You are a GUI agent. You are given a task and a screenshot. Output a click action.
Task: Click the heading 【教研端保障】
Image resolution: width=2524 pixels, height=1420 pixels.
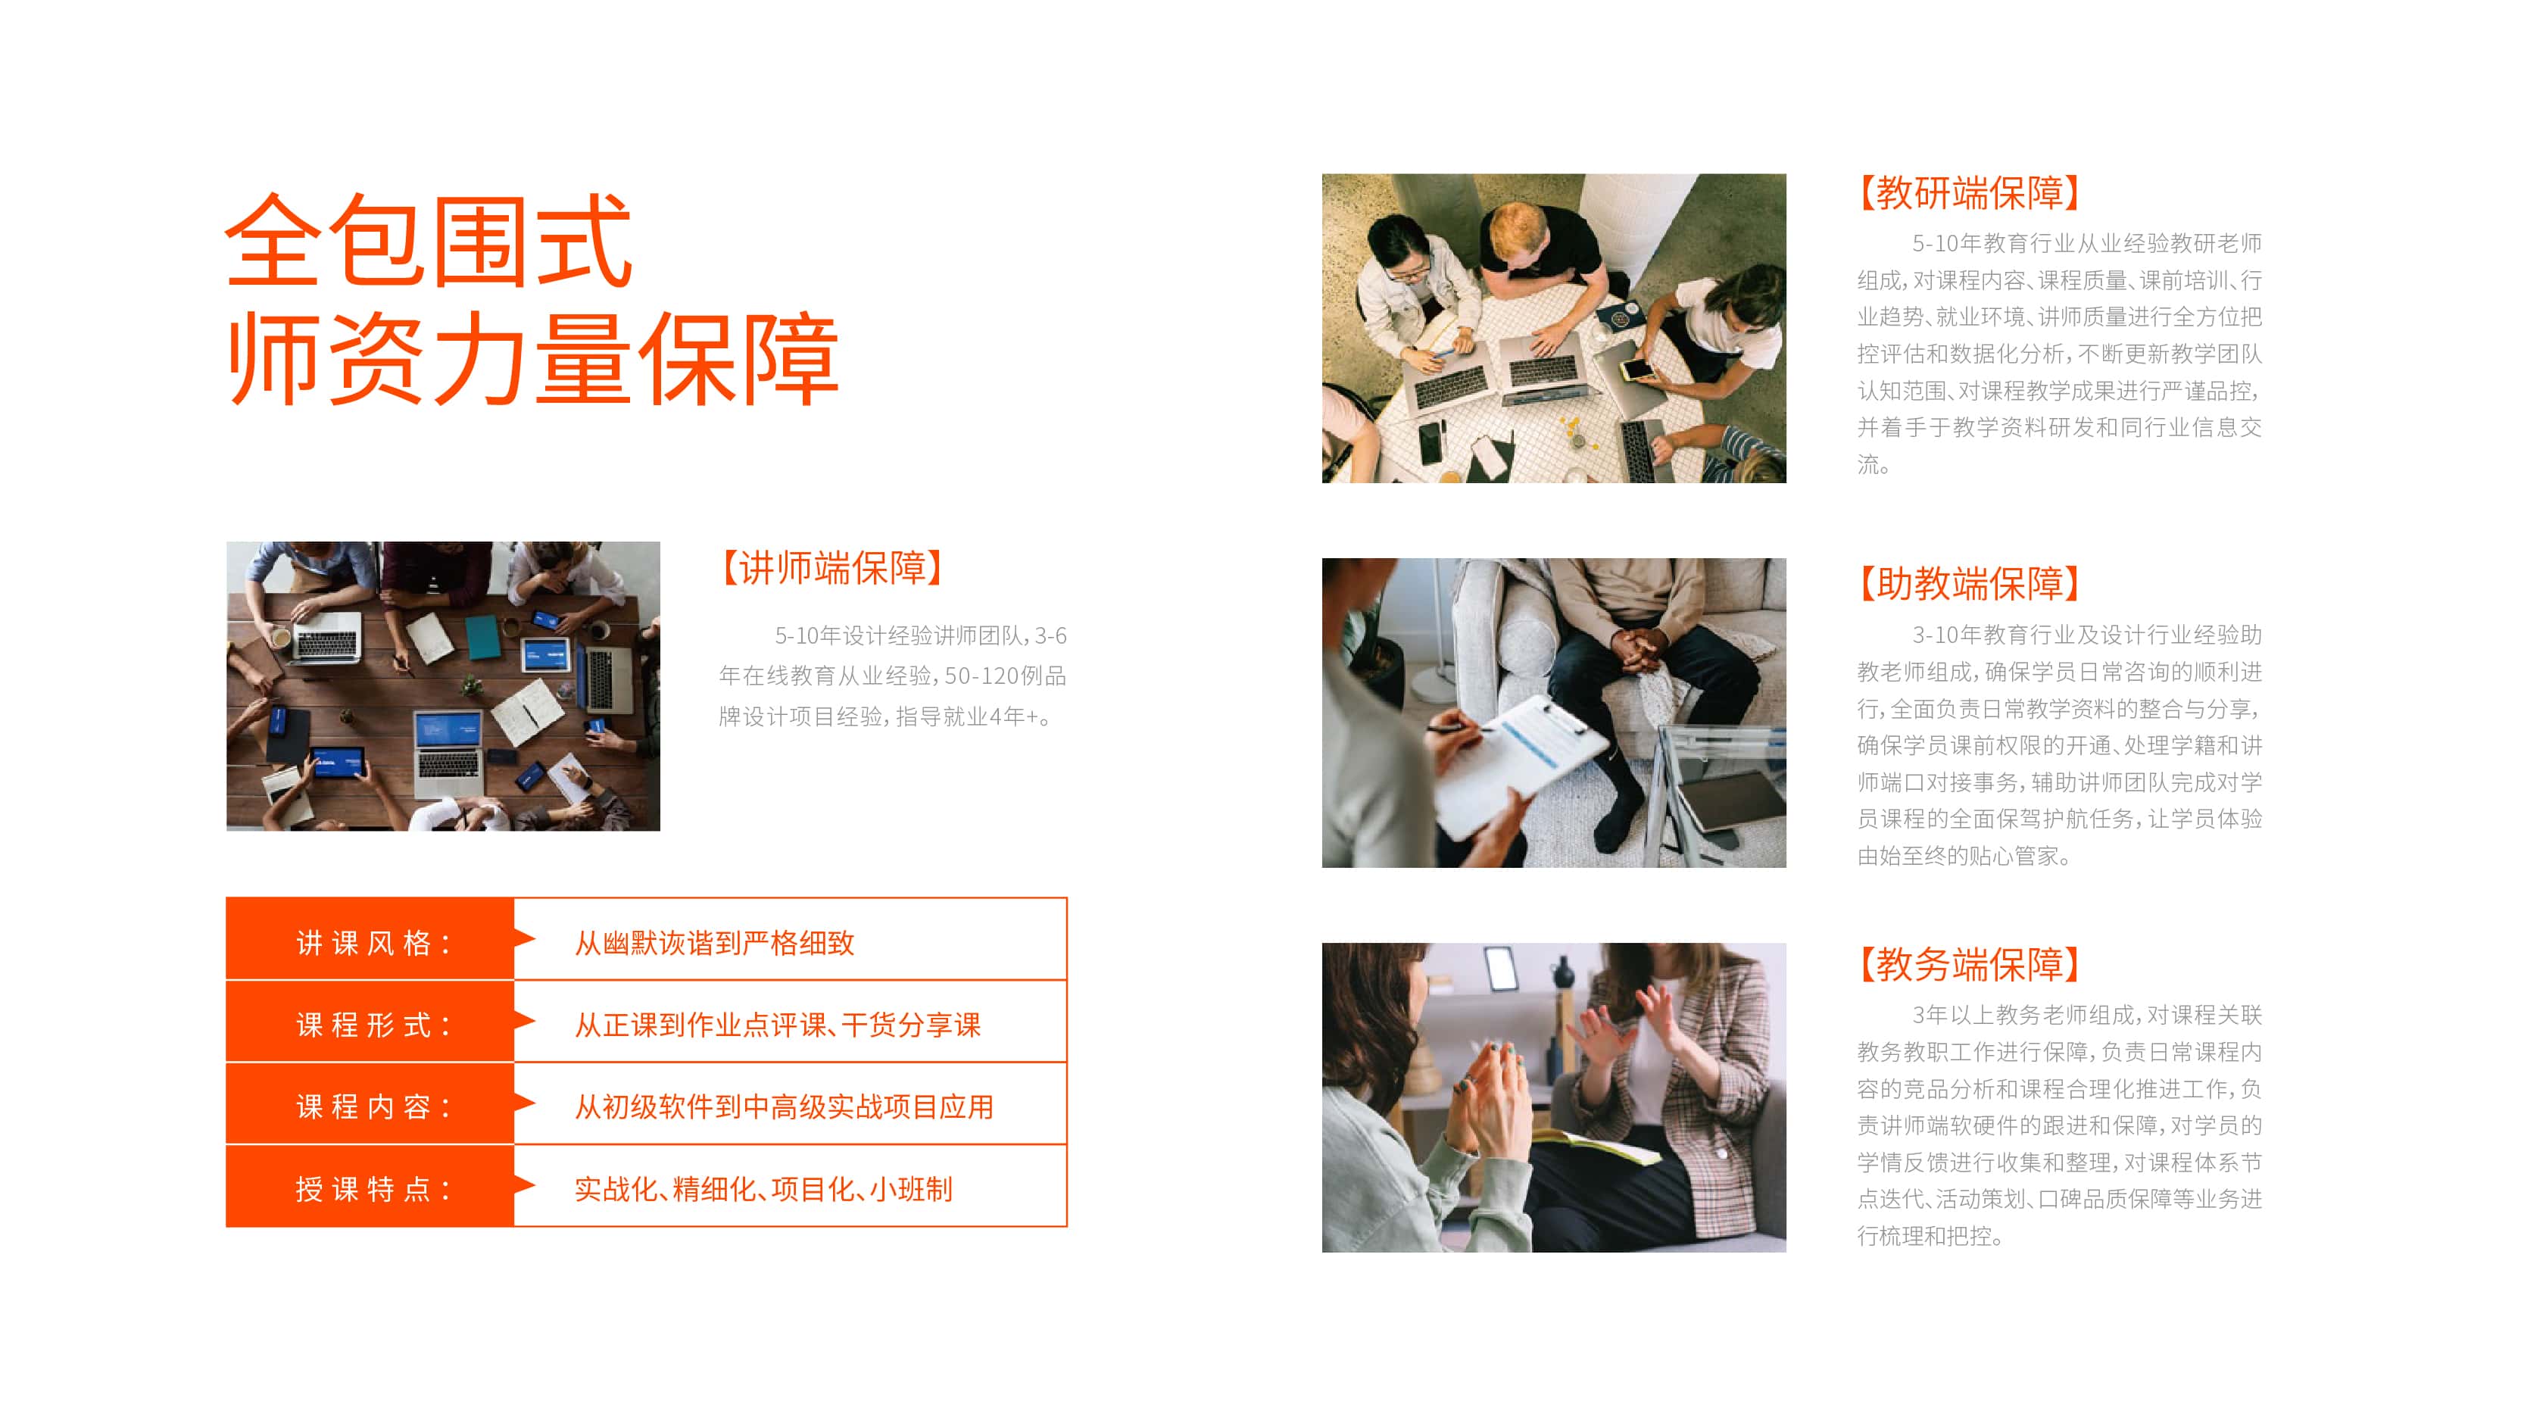[x=1968, y=193]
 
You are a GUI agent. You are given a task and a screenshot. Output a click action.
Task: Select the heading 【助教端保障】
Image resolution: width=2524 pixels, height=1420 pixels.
[x=1968, y=583]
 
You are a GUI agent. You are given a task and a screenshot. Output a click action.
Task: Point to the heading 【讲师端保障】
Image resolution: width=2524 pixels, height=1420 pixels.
[x=831, y=567]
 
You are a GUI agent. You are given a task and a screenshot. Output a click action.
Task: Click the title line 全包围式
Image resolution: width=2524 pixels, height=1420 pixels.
[x=429, y=240]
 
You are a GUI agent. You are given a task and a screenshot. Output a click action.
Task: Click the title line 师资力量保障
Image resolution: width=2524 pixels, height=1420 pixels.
[x=533, y=359]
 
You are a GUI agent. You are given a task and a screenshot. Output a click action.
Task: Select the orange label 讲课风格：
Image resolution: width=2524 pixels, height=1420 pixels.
[x=373, y=943]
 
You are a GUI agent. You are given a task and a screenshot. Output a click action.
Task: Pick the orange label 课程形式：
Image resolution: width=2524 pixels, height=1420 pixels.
[x=373, y=1025]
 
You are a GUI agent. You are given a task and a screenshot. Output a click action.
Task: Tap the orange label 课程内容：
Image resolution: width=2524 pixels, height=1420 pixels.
[x=373, y=1106]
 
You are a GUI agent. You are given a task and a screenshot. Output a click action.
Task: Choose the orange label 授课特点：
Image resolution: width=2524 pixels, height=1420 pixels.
[x=373, y=1189]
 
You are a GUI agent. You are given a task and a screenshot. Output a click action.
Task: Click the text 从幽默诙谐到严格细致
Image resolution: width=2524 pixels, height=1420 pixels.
[x=714, y=943]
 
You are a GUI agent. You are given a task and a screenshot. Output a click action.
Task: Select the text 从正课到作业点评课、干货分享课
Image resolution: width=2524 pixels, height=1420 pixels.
[x=777, y=1025]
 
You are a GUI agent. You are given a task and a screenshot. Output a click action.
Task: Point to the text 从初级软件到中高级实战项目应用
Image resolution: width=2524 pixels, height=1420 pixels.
[x=784, y=1106]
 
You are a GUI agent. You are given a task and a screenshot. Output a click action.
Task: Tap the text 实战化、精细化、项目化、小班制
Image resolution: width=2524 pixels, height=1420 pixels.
[x=763, y=1189]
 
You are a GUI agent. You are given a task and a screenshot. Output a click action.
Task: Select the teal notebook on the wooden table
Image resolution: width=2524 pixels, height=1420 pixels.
[x=483, y=637]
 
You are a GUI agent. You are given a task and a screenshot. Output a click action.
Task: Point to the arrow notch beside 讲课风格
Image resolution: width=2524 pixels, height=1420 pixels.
[x=526, y=939]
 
